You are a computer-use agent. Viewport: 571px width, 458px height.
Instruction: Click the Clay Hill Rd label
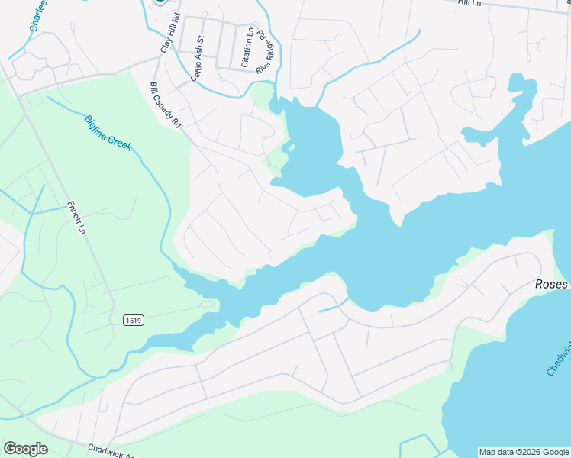point(170,33)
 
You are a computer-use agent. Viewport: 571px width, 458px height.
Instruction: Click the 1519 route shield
point(133,320)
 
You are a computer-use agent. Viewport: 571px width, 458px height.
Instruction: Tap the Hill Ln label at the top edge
point(470,3)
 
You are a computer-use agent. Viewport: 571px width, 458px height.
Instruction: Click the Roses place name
point(550,284)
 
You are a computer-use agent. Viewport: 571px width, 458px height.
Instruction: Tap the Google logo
point(25,449)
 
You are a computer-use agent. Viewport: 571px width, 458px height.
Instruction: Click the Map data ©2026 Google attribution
point(524,452)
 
